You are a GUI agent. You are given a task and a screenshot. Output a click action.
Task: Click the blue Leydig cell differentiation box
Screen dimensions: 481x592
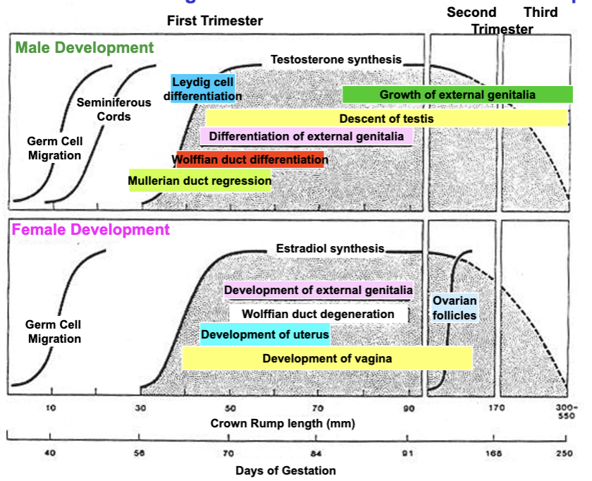coord(203,88)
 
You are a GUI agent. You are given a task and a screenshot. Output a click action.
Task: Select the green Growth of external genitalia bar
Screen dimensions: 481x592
coord(457,95)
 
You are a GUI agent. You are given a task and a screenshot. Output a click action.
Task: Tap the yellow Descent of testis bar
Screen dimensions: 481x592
coord(386,118)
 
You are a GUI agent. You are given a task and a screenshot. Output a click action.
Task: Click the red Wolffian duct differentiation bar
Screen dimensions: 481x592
coord(250,159)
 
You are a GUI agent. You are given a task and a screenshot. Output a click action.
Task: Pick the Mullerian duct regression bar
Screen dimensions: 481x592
coord(199,181)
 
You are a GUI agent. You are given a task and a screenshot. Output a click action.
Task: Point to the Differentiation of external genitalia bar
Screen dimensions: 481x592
coord(307,136)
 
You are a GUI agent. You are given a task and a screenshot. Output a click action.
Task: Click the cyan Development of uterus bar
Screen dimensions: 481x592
coord(265,334)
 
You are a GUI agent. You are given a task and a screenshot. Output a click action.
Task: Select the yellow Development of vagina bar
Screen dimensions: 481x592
coord(327,358)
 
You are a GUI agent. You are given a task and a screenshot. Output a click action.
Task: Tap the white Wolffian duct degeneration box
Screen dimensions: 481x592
coord(318,314)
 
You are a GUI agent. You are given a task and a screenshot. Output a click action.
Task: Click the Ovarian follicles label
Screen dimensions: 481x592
coord(455,308)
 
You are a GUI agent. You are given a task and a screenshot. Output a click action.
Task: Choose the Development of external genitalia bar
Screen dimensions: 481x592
coord(318,290)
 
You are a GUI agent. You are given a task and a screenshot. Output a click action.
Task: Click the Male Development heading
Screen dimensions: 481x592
coord(85,48)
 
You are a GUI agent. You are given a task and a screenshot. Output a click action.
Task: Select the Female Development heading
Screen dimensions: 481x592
coord(91,230)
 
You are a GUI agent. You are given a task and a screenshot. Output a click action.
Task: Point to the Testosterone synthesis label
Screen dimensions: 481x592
coord(336,59)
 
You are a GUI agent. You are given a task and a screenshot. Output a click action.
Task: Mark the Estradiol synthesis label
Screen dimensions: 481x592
coord(330,248)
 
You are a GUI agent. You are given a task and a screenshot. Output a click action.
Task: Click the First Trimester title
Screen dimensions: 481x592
coord(215,21)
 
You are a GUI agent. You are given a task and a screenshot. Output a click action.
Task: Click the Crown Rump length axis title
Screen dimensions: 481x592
coord(282,424)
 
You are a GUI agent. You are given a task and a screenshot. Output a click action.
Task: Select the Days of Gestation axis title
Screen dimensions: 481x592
coord(285,470)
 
